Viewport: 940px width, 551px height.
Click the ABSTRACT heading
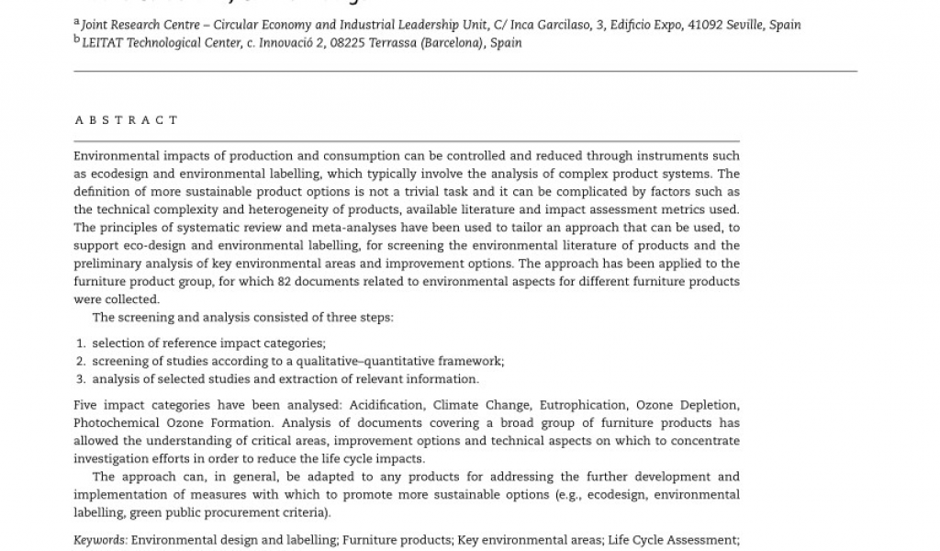pyautogui.click(x=126, y=120)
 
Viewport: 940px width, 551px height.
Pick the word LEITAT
pyautogui.click(x=103, y=43)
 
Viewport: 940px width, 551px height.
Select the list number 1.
pyautogui.click(x=81, y=343)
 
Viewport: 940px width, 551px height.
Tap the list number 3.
pyautogui.click(x=81, y=379)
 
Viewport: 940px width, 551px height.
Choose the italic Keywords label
pyautogui.click(x=100, y=540)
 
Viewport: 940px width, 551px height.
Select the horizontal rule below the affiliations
pyautogui.click(x=465, y=71)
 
